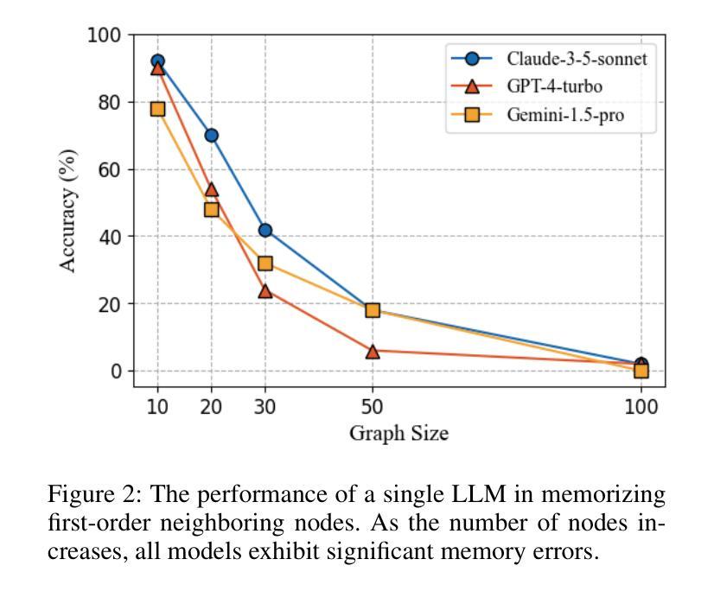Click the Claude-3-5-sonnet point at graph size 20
click(x=211, y=136)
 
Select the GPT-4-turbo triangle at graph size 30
click(x=265, y=291)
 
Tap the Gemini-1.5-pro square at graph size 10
click(x=157, y=109)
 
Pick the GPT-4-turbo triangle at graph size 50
click(x=373, y=351)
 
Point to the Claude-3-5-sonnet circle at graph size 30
click(x=265, y=231)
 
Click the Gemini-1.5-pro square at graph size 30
click(x=265, y=264)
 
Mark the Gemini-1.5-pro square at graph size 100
click(x=641, y=371)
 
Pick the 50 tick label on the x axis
click(x=373, y=406)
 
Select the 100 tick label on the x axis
click(x=641, y=406)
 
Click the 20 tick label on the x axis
click(x=211, y=406)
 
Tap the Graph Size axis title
click(x=398, y=433)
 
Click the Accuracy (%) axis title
click(x=68, y=211)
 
